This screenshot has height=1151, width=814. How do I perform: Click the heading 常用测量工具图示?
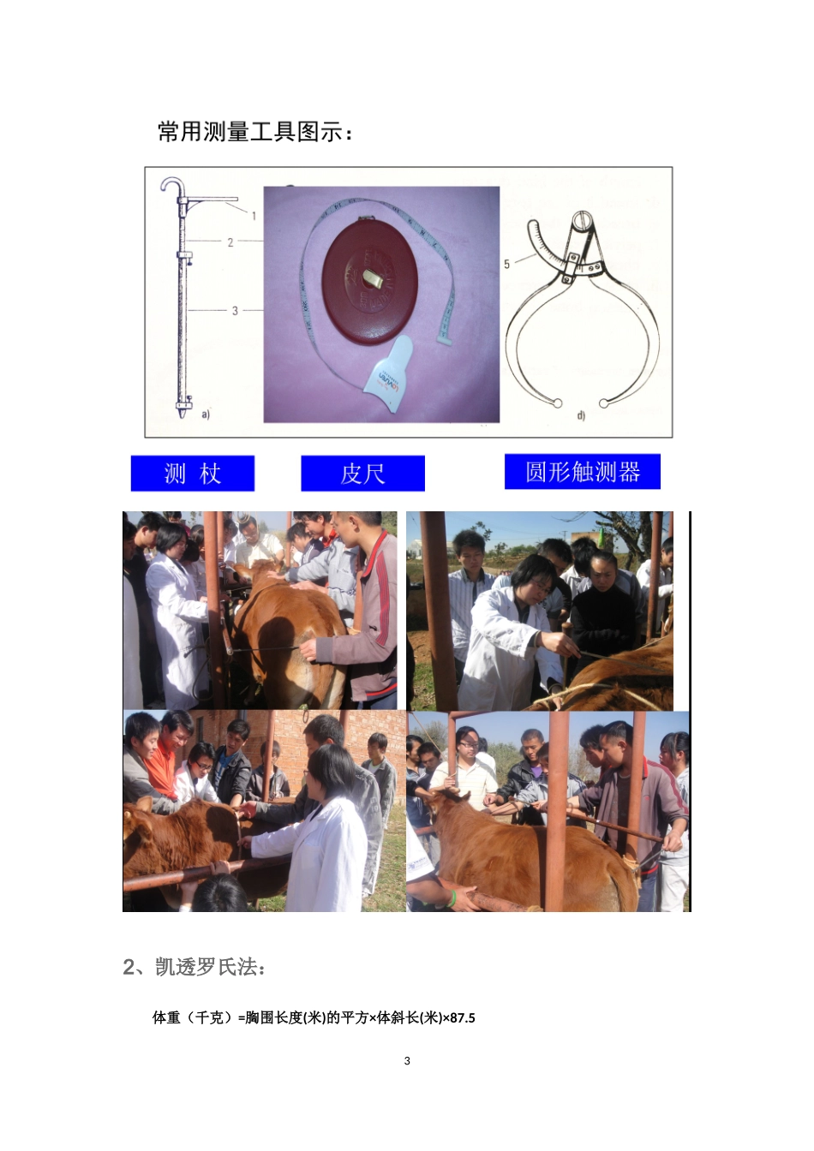[x=254, y=132]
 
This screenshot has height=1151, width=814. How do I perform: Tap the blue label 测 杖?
[x=193, y=474]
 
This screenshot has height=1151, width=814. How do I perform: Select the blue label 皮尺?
[x=362, y=474]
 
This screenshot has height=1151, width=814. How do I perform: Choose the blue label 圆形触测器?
[x=583, y=472]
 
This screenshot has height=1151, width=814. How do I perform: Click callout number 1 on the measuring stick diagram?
[x=254, y=216]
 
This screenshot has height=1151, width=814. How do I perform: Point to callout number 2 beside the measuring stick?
[x=230, y=242]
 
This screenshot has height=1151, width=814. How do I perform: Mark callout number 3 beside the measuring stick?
[x=235, y=311]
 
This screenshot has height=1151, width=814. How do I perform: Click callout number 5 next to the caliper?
[x=506, y=265]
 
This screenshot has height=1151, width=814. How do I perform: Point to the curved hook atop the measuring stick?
[x=172, y=184]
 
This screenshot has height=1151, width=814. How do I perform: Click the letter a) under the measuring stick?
[x=206, y=414]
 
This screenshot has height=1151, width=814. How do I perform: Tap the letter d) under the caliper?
[x=581, y=415]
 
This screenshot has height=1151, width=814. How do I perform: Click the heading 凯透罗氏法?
[x=195, y=967]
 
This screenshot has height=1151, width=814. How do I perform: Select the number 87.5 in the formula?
[x=461, y=1018]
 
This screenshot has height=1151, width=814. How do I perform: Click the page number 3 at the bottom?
[x=407, y=1061]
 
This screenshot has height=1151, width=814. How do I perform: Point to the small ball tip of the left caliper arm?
[x=558, y=403]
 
